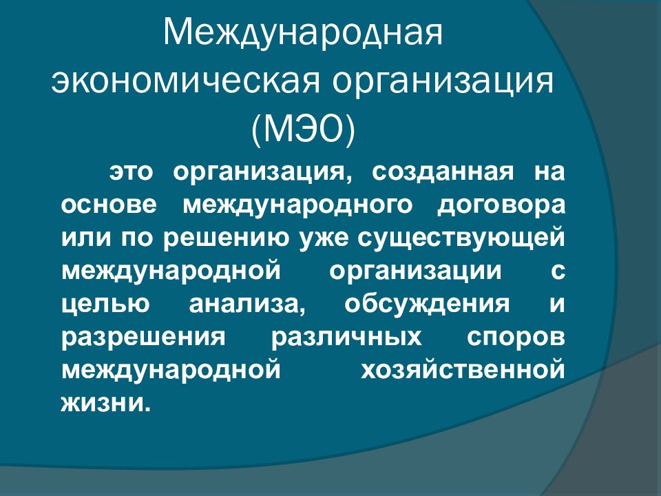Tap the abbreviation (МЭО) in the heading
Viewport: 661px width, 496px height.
click(x=303, y=130)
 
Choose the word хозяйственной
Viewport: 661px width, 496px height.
click(x=462, y=369)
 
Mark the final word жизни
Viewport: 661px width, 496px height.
click(x=105, y=402)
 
